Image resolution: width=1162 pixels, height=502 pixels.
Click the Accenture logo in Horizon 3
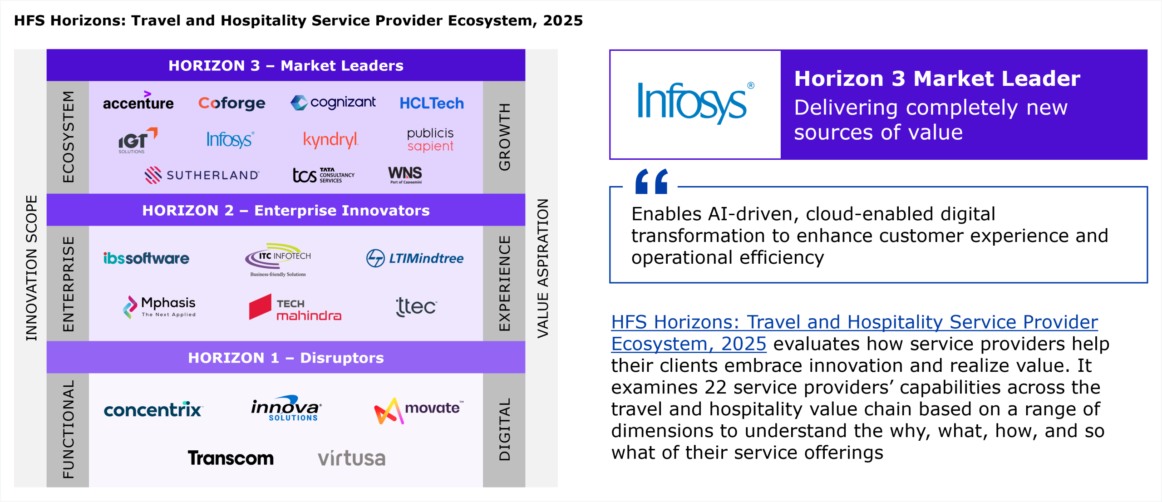click(x=138, y=100)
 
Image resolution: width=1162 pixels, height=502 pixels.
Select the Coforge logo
click(x=231, y=103)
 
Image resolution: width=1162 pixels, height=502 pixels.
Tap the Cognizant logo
click(x=333, y=102)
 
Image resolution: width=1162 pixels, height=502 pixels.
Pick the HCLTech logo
click(x=432, y=103)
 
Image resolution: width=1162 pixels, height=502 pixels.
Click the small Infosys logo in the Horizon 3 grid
click(x=230, y=139)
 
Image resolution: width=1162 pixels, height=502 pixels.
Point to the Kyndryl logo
click(x=330, y=140)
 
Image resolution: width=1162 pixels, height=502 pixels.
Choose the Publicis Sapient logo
click(x=430, y=139)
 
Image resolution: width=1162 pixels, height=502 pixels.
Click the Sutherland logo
click(x=202, y=175)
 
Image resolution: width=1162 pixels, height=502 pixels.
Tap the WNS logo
click(x=405, y=174)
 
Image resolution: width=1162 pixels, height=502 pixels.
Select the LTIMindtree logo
click(x=415, y=258)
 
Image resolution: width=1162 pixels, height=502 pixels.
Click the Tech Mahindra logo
click(x=295, y=308)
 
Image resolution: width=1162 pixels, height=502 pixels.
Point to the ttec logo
click(x=416, y=306)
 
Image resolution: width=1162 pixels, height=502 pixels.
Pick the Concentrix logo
click(x=153, y=409)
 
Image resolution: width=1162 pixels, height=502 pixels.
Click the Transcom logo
click(x=231, y=458)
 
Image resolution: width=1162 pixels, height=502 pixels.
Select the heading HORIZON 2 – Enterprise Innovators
click(x=286, y=210)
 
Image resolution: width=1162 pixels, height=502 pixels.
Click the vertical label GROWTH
click(x=504, y=137)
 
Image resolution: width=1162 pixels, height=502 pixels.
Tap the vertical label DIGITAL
click(x=504, y=429)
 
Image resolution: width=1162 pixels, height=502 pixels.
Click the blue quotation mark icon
click(x=652, y=181)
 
